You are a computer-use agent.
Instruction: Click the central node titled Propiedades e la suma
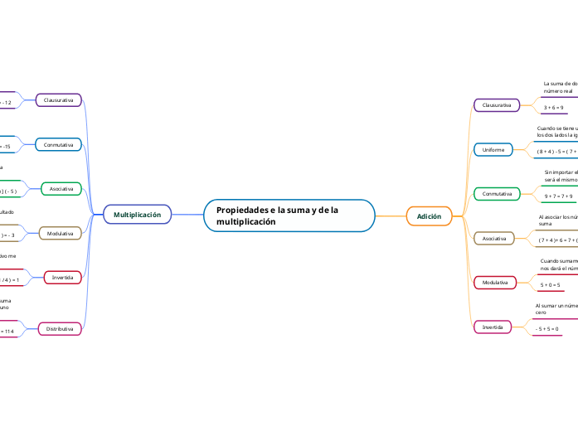click(289, 215)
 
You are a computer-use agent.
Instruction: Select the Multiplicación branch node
click(137, 215)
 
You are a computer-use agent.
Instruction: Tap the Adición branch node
click(429, 216)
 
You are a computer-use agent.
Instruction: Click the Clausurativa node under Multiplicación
click(58, 99)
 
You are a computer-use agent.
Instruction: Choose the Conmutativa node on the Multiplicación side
click(58, 145)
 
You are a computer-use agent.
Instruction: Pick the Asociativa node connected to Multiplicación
click(61, 189)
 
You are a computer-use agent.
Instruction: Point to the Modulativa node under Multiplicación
click(61, 234)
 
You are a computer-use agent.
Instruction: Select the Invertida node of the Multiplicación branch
click(63, 277)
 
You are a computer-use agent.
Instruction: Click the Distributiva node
click(61, 329)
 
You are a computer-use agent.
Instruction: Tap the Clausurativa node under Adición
click(496, 105)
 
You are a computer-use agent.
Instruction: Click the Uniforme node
click(493, 149)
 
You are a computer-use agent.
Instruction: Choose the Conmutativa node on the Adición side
click(496, 194)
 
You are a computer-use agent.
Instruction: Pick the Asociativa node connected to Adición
click(494, 239)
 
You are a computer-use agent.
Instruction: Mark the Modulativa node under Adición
click(494, 283)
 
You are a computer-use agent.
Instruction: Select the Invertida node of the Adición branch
click(493, 327)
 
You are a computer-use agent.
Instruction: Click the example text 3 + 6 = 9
click(553, 108)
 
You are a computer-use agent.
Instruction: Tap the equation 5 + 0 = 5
click(550, 285)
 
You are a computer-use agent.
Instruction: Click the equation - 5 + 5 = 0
click(546, 329)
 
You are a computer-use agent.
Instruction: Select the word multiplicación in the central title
click(245, 223)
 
